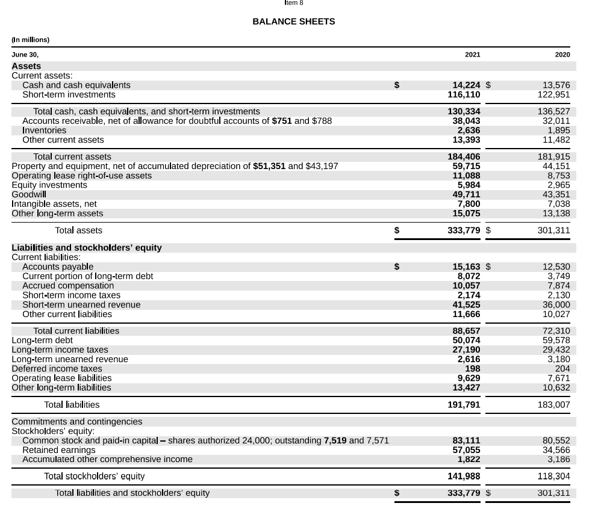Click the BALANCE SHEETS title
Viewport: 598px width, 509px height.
293,22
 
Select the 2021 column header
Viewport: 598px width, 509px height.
473,55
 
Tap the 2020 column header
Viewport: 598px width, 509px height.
562,55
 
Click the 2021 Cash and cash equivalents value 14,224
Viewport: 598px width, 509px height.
466,85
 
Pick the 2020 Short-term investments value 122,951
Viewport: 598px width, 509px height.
553,94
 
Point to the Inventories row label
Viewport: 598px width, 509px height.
44,131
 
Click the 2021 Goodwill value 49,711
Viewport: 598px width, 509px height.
466,194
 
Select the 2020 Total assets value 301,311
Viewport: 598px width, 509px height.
553,230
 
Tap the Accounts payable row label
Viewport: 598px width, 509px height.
58,267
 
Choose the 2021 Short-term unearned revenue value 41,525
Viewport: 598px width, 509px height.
466,304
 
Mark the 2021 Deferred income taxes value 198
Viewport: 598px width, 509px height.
473,368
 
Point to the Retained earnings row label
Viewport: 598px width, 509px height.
58,450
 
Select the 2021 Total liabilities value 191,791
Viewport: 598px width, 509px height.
464,405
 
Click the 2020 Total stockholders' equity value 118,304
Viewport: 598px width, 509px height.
553,477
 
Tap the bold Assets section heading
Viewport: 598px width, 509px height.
26,66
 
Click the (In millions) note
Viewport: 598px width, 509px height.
31,40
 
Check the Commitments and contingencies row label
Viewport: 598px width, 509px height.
77,422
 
